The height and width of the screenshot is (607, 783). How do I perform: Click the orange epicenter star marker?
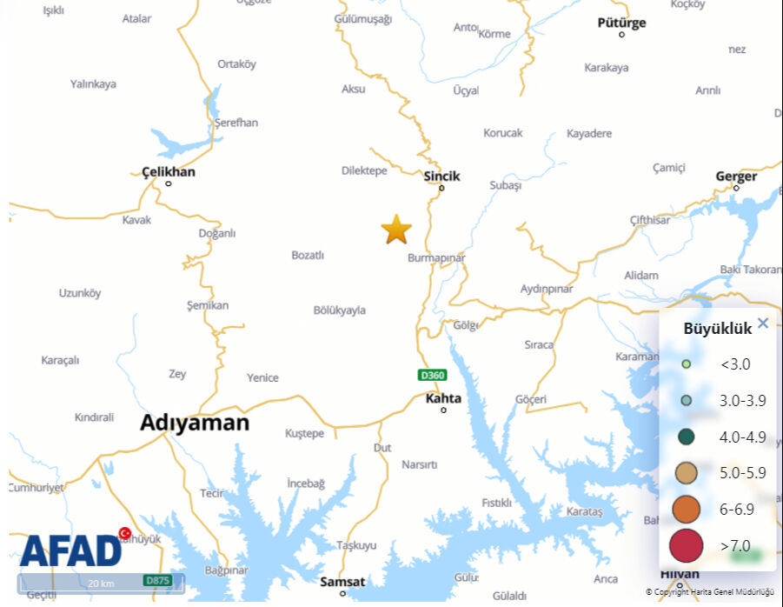396,230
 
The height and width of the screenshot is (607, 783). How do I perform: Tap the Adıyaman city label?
195,424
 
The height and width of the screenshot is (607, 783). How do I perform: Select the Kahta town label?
443,398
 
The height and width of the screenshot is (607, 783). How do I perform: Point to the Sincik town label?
441,176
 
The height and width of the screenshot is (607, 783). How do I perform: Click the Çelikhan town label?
169,171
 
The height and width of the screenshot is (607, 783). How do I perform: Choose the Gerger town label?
736,176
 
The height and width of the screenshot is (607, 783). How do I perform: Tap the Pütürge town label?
621,23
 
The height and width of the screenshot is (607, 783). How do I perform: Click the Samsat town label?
342,581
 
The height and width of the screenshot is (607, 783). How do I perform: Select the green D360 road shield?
432,376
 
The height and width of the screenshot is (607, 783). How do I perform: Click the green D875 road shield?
157,580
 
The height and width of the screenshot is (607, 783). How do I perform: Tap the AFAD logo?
72,550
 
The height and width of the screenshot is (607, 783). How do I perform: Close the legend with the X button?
763,324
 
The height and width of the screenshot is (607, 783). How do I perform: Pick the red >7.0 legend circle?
686,545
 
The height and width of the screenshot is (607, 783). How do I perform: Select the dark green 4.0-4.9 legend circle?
686,437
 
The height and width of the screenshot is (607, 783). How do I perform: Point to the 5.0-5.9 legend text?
743,473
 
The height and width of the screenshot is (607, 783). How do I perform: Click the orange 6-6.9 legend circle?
686,509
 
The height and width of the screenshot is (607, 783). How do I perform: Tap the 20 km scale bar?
101,583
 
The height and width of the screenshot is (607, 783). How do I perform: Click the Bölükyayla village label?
339,310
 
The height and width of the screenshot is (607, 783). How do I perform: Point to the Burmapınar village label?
436,258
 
